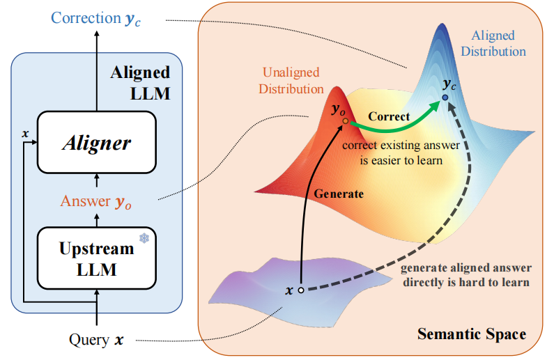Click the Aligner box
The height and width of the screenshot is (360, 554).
tap(96, 142)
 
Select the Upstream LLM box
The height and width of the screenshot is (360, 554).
tap(96, 258)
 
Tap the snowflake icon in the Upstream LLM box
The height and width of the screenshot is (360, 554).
tap(144, 238)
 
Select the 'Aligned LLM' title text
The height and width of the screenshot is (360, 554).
tap(141, 83)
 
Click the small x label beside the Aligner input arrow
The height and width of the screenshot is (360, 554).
tap(25, 134)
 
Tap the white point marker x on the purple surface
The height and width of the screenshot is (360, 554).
tap(301, 290)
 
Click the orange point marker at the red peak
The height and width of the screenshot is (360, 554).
tap(346, 121)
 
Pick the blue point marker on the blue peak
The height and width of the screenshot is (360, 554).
tap(445, 97)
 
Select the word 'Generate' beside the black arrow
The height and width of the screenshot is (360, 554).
tap(339, 194)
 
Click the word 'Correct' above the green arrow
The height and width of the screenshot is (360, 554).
tap(389, 116)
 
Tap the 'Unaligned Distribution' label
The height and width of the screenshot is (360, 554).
tap(291, 81)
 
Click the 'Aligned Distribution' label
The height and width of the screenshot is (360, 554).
tap(493, 43)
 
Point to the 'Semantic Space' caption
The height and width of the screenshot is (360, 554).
tap(472, 334)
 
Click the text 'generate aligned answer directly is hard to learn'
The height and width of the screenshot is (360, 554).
tap(466, 275)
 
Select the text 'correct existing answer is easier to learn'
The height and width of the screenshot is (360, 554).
tap(401, 152)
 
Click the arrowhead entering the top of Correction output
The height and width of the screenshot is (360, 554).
tap(97, 33)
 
